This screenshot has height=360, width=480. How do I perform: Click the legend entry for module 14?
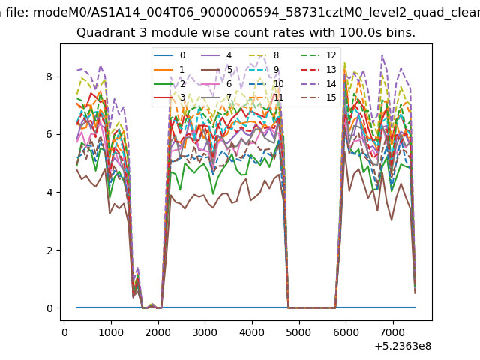(x=319, y=83)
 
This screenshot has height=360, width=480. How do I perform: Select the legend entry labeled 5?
(x=217, y=70)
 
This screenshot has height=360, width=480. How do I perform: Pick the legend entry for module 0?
(x=169, y=55)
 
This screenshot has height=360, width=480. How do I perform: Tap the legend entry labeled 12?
(x=319, y=55)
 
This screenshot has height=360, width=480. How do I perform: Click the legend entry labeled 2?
(x=169, y=83)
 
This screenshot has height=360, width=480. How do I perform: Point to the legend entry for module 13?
(x=319, y=70)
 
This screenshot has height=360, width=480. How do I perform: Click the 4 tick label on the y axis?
(x=49, y=192)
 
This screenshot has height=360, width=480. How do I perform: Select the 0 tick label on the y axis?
(x=49, y=308)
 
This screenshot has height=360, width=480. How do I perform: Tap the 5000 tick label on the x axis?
(x=299, y=332)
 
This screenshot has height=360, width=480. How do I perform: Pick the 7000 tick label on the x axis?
(x=393, y=332)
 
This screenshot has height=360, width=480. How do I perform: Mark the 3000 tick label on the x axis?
(x=205, y=332)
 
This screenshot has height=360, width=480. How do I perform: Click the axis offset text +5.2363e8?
(x=403, y=346)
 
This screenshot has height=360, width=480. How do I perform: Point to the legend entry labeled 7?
(x=217, y=97)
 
